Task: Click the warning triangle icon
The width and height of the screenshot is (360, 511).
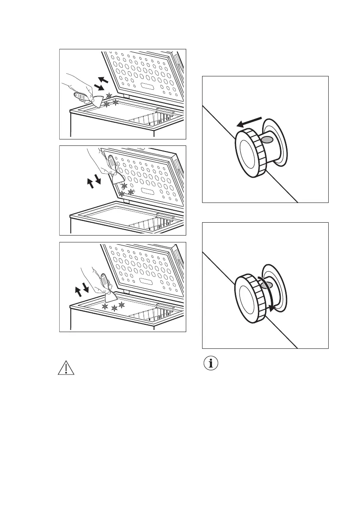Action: coord(65,368)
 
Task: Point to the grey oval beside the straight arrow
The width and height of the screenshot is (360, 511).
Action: coord(267,139)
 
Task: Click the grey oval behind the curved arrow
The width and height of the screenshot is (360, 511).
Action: coord(267,285)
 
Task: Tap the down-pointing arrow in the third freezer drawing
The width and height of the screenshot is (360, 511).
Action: coord(85,288)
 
